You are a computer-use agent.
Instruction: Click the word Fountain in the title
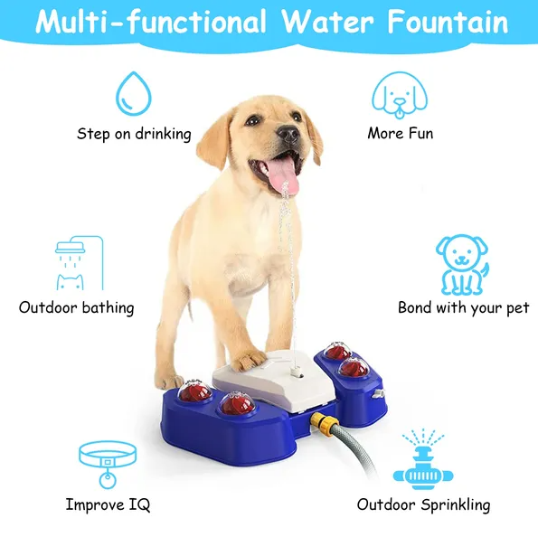pyautogui.click(x=448, y=22)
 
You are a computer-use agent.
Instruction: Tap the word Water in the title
pyautogui.click(x=327, y=22)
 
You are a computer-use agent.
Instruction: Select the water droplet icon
pyautogui.click(x=134, y=93)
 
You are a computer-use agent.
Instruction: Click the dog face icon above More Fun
pyautogui.click(x=400, y=95)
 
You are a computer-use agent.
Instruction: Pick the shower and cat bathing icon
pyautogui.click(x=80, y=263)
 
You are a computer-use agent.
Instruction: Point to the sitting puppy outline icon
pyautogui.click(x=462, y=265)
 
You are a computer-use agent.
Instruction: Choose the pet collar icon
pyautogui.click(x=108, y=464)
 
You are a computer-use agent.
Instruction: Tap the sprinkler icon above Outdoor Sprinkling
pyautogui.click(x=423, y=459)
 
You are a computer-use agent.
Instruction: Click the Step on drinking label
pyautogui.click(x=134, y=134)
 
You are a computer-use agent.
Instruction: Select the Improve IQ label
pyautogui.click(x=108, y=504)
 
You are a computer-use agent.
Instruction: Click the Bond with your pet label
pyautogui.click(x=464, y=307)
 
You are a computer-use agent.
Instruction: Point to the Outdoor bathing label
pyautogui.click(x=77, y=307)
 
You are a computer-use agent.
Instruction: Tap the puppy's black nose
pyautogui.click(x=288, y=134)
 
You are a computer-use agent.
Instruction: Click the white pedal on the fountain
pyautogui.click(x=275, y=381)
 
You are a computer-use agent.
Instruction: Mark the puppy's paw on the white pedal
pyautogui.click(x=249, y=360)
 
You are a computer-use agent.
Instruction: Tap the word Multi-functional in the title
pyautogui.click(x=151, y=22)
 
